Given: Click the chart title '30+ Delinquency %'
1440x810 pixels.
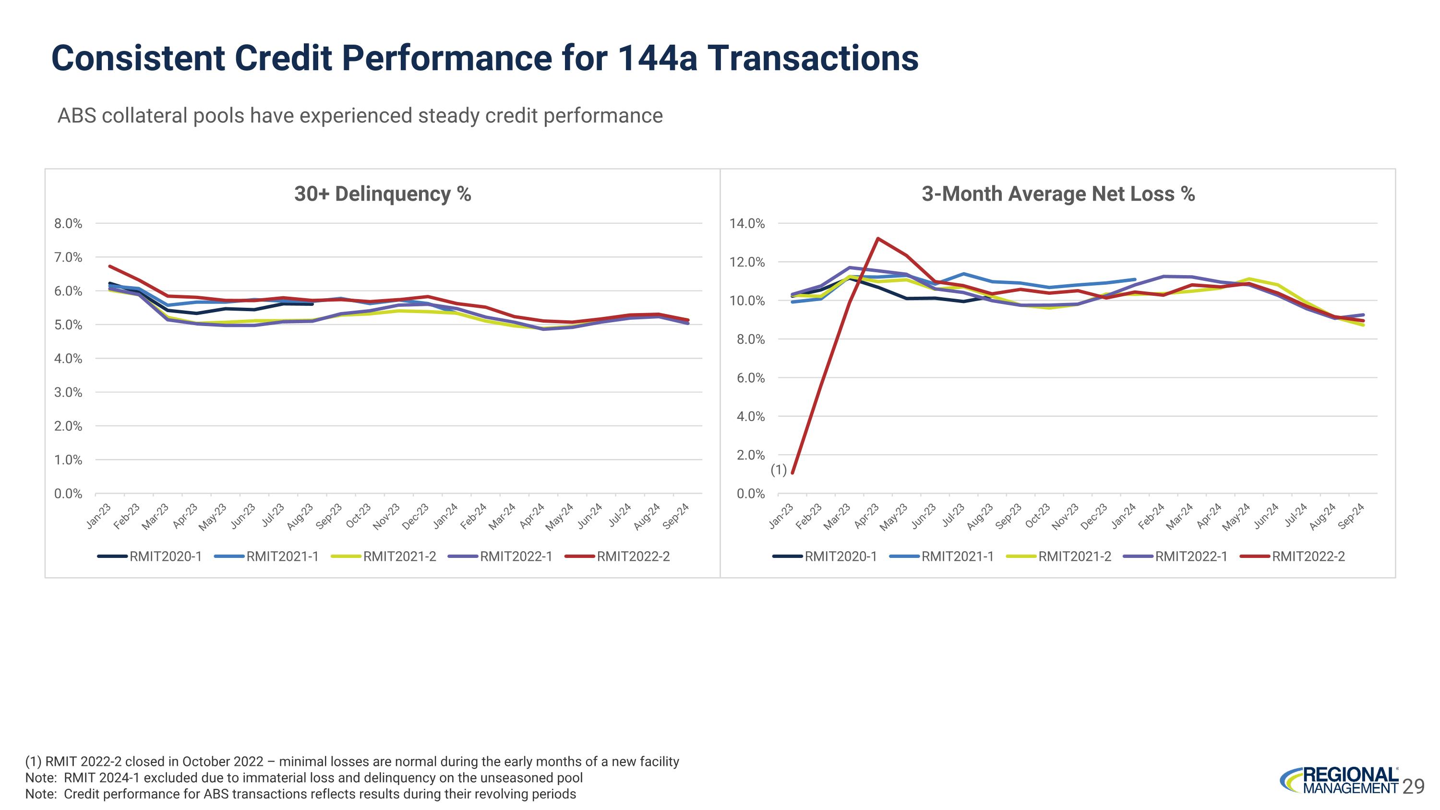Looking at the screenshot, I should [x=383, y=194].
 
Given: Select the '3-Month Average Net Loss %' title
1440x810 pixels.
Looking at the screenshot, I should [x=1057, y=194].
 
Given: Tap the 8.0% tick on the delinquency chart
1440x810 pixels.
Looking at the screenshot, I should [x=68, y=224].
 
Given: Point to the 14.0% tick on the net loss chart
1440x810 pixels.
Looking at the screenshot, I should [x=747, y=224].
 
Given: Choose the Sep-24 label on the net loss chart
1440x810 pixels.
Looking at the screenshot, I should [x=1352, y=515].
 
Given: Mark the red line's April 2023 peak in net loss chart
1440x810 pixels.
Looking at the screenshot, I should [x=877, y=238].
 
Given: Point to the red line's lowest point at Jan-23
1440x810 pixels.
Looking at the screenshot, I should [x=792, y=473].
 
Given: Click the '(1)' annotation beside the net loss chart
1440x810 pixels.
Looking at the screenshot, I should [x=779, y=470].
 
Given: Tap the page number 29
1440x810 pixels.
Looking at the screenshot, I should [x=1413, y=786].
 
